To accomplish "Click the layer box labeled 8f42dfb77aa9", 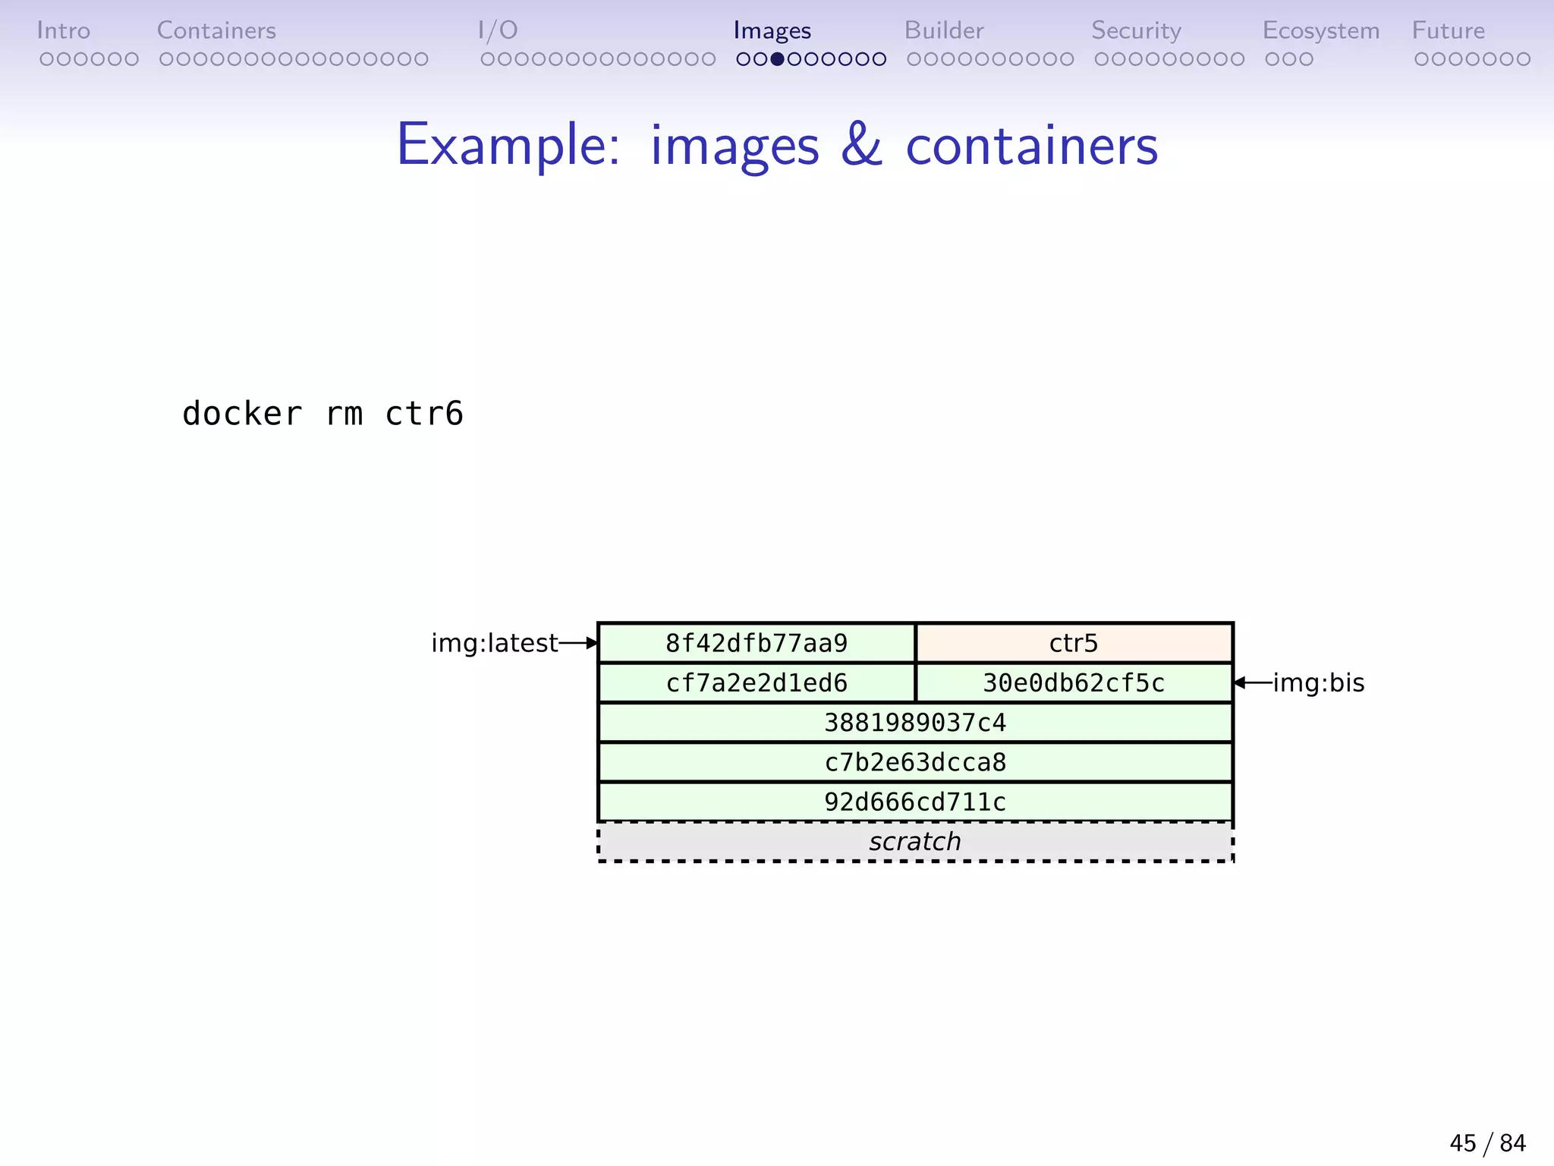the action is [x=757, y=643].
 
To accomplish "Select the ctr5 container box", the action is [x=1074, y=643].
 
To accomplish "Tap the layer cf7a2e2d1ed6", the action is [x=757, y=682].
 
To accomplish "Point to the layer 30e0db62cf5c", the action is [x=1074, y=682].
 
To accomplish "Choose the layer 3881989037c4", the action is [x=915, y=722].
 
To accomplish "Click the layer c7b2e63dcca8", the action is [x=915, y=761].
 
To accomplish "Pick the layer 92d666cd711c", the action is [x=915, y=802].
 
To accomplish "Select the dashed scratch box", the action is [x=915, y=841].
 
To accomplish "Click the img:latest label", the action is [x=494, y=643].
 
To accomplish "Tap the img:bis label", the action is [x=1318, y=682].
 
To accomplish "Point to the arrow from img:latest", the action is [x=578, y=643].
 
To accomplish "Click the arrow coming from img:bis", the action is [x=1253, y=682].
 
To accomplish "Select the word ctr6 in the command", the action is [x=423, y=414].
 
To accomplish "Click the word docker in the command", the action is [x=242, y=414].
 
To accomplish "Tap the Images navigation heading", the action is [x=772, y=30].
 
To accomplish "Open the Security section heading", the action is [x=1136, y=30].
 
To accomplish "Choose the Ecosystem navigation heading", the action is [x=1320, y=30].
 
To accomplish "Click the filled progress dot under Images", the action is [x=777, y=59].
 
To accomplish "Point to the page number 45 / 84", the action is [x=1487, y=1142].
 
